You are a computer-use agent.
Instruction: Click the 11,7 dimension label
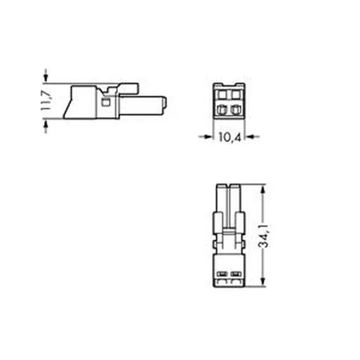point(45,101)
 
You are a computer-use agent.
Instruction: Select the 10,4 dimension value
point(229,137)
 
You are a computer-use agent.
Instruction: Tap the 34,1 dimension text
point(264,236)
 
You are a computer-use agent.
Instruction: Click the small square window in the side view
point(106,102)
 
